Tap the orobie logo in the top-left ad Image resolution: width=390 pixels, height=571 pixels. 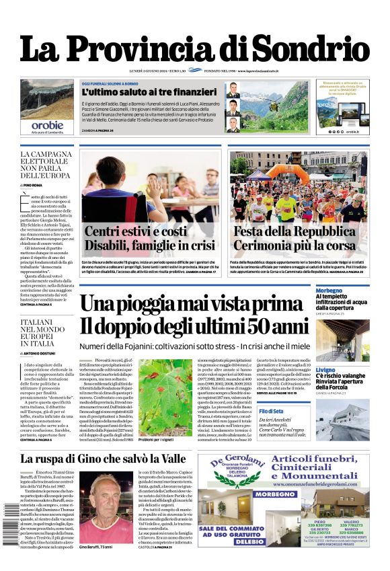coord(46,125)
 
